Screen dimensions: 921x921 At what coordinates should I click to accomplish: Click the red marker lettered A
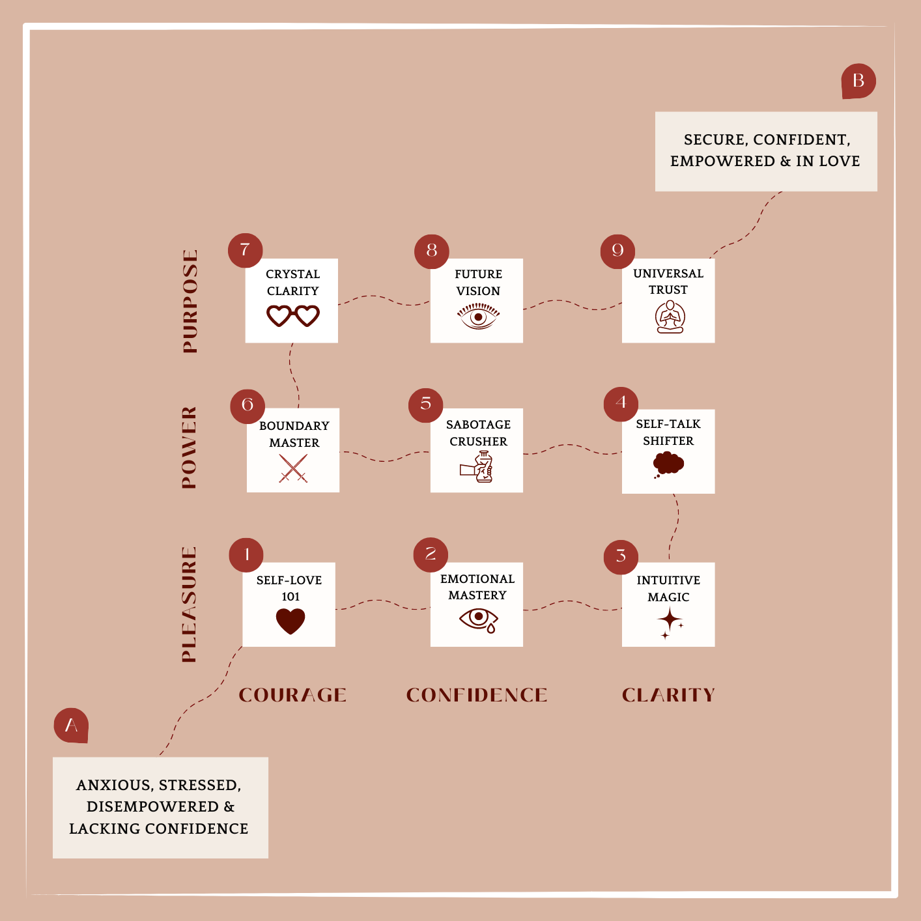(71, 725)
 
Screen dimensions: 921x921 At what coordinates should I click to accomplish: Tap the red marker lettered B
(858, 81)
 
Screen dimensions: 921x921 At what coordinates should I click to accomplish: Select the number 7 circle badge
(245, 250)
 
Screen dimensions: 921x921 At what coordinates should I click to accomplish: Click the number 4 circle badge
(621, 404)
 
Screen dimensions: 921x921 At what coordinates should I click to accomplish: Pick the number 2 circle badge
(431, 554)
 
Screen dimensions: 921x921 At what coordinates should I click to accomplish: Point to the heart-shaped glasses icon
(293, 316)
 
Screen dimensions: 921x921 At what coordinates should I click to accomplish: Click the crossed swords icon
(293, 468)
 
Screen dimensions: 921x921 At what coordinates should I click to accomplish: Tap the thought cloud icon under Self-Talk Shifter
(668, 464)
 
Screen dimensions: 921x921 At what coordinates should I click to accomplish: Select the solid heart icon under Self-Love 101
(290, 621)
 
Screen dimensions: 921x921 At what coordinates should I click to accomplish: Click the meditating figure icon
(670, 317)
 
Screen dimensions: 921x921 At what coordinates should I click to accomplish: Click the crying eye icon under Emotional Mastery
(479, 619)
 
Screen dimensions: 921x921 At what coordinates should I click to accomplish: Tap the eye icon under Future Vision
(478, 317)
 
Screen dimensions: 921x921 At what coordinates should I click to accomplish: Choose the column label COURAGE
(292, 695)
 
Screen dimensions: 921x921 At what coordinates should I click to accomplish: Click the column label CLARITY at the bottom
(668, 695)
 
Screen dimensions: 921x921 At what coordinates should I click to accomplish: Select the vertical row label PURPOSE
(190, 301)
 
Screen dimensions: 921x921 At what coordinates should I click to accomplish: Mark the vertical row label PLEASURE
(189, 604)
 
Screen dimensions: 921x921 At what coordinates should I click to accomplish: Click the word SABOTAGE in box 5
(478, 425)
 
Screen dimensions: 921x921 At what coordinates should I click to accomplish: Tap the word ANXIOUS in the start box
(114, 786)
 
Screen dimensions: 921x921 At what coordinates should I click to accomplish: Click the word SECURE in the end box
(715, 140)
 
